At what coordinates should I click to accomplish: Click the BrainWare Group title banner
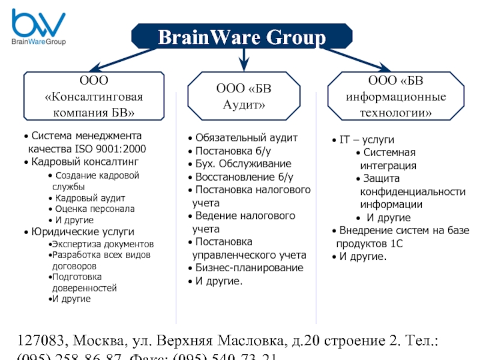(241, 38)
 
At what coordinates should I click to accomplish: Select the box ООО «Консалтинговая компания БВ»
(94, 95)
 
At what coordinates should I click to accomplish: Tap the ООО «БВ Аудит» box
(244, 96)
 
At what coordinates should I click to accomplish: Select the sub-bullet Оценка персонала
(95, 209)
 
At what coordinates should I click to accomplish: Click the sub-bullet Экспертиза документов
(103, 244)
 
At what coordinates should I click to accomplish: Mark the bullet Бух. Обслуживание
(243, 164)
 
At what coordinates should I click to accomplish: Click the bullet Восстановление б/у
(244, 177)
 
